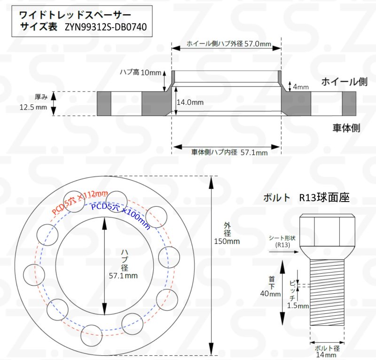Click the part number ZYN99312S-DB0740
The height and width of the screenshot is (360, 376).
tap(106, 27)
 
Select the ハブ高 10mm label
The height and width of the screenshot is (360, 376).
tap(141, 72)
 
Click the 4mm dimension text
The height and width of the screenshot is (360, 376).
tap(301, 87)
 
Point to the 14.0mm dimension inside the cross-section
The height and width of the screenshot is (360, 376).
tap(190, 102)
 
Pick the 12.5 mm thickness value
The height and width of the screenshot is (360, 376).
tap(33, 107)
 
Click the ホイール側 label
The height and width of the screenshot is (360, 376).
tap(345, 82)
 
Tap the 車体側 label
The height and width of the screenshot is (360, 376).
tap(346, 128)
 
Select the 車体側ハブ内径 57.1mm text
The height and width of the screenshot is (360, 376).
tap(229, 152)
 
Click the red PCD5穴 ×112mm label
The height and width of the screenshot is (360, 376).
tap(80, 202)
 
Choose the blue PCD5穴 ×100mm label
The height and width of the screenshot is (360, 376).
tap(121, 215)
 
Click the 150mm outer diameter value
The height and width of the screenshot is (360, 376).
tap(227, 241)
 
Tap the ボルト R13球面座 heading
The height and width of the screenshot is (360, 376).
tap(306, 198)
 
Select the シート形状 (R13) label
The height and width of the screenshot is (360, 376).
tap(282, 241)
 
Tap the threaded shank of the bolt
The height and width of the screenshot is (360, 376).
tap(327, 292)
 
